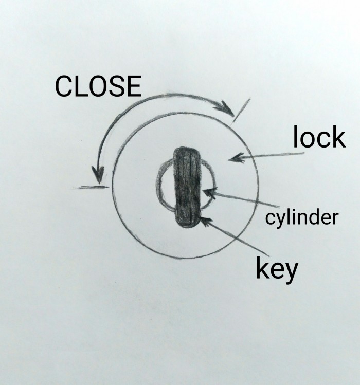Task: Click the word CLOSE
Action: (98, 86)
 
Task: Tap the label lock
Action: (319, 137)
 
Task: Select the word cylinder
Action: (302, 218)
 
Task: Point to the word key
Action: (277, 269)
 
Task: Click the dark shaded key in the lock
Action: (187, 187)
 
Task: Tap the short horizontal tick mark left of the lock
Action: (91, 188)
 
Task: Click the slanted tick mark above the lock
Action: (241, 111)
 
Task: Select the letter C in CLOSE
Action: (64, 86)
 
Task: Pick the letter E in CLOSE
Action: (135, 86)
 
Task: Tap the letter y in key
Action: (292, 273)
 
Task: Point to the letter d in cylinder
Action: (315, 217)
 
